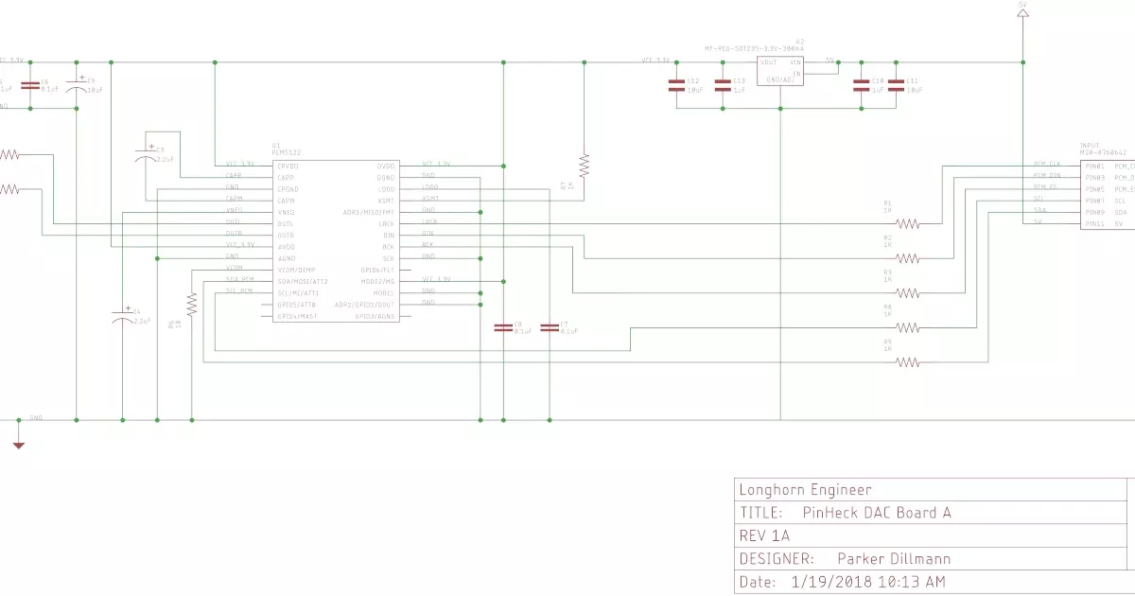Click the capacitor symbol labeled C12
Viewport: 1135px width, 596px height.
tap(676, 85)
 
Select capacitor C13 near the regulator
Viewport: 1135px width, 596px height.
tap(723, 85)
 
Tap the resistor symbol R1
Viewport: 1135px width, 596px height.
tap(908, 223)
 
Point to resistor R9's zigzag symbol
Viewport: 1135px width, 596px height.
tap(908, 361)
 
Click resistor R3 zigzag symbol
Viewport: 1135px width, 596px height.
tap(908, 292)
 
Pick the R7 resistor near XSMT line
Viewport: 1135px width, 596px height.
tap(584, 166)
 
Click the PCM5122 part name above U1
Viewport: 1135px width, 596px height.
tap(286, 153)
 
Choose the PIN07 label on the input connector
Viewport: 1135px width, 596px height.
tap(1095, 201)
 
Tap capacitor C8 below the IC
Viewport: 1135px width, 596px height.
tap(503, 327)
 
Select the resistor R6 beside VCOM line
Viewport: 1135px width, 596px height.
tap(192, 304)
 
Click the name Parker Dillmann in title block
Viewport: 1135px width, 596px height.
tap(894, 559)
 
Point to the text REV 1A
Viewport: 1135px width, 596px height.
tap(765, 535)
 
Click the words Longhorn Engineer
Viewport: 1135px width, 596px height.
tap(805, 489)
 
